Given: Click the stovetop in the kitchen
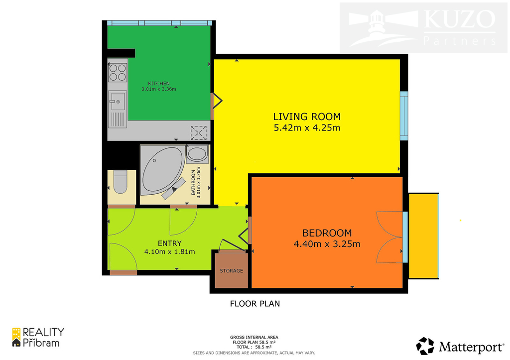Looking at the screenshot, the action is click(118, 73).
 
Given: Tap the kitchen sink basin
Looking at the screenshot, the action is click(117, 100).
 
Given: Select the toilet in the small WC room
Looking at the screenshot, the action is click(120, 182).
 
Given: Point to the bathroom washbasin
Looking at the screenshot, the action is click(197, 154).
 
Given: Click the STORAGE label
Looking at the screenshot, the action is click(231, 270).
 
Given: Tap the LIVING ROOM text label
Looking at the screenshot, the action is click(307, 117).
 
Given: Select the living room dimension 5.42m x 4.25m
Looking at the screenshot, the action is click(307, 128).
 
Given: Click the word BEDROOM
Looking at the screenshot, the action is click(327, 233).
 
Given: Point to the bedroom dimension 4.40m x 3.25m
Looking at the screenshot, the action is click(327, 244).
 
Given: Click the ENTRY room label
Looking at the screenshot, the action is click(169, 243).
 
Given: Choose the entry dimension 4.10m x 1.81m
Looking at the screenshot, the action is click(169, 252).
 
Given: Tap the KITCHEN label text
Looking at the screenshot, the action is click(159, 84).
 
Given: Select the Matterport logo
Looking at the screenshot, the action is click(460, 347).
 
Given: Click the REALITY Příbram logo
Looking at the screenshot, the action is click(38, 338).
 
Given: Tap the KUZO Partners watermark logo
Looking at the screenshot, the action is click(423, 28).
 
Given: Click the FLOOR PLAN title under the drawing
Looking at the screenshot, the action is click(255, 304).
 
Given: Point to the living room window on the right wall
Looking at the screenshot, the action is click(403, 116).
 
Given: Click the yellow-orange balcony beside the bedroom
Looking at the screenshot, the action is click(423, 236).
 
